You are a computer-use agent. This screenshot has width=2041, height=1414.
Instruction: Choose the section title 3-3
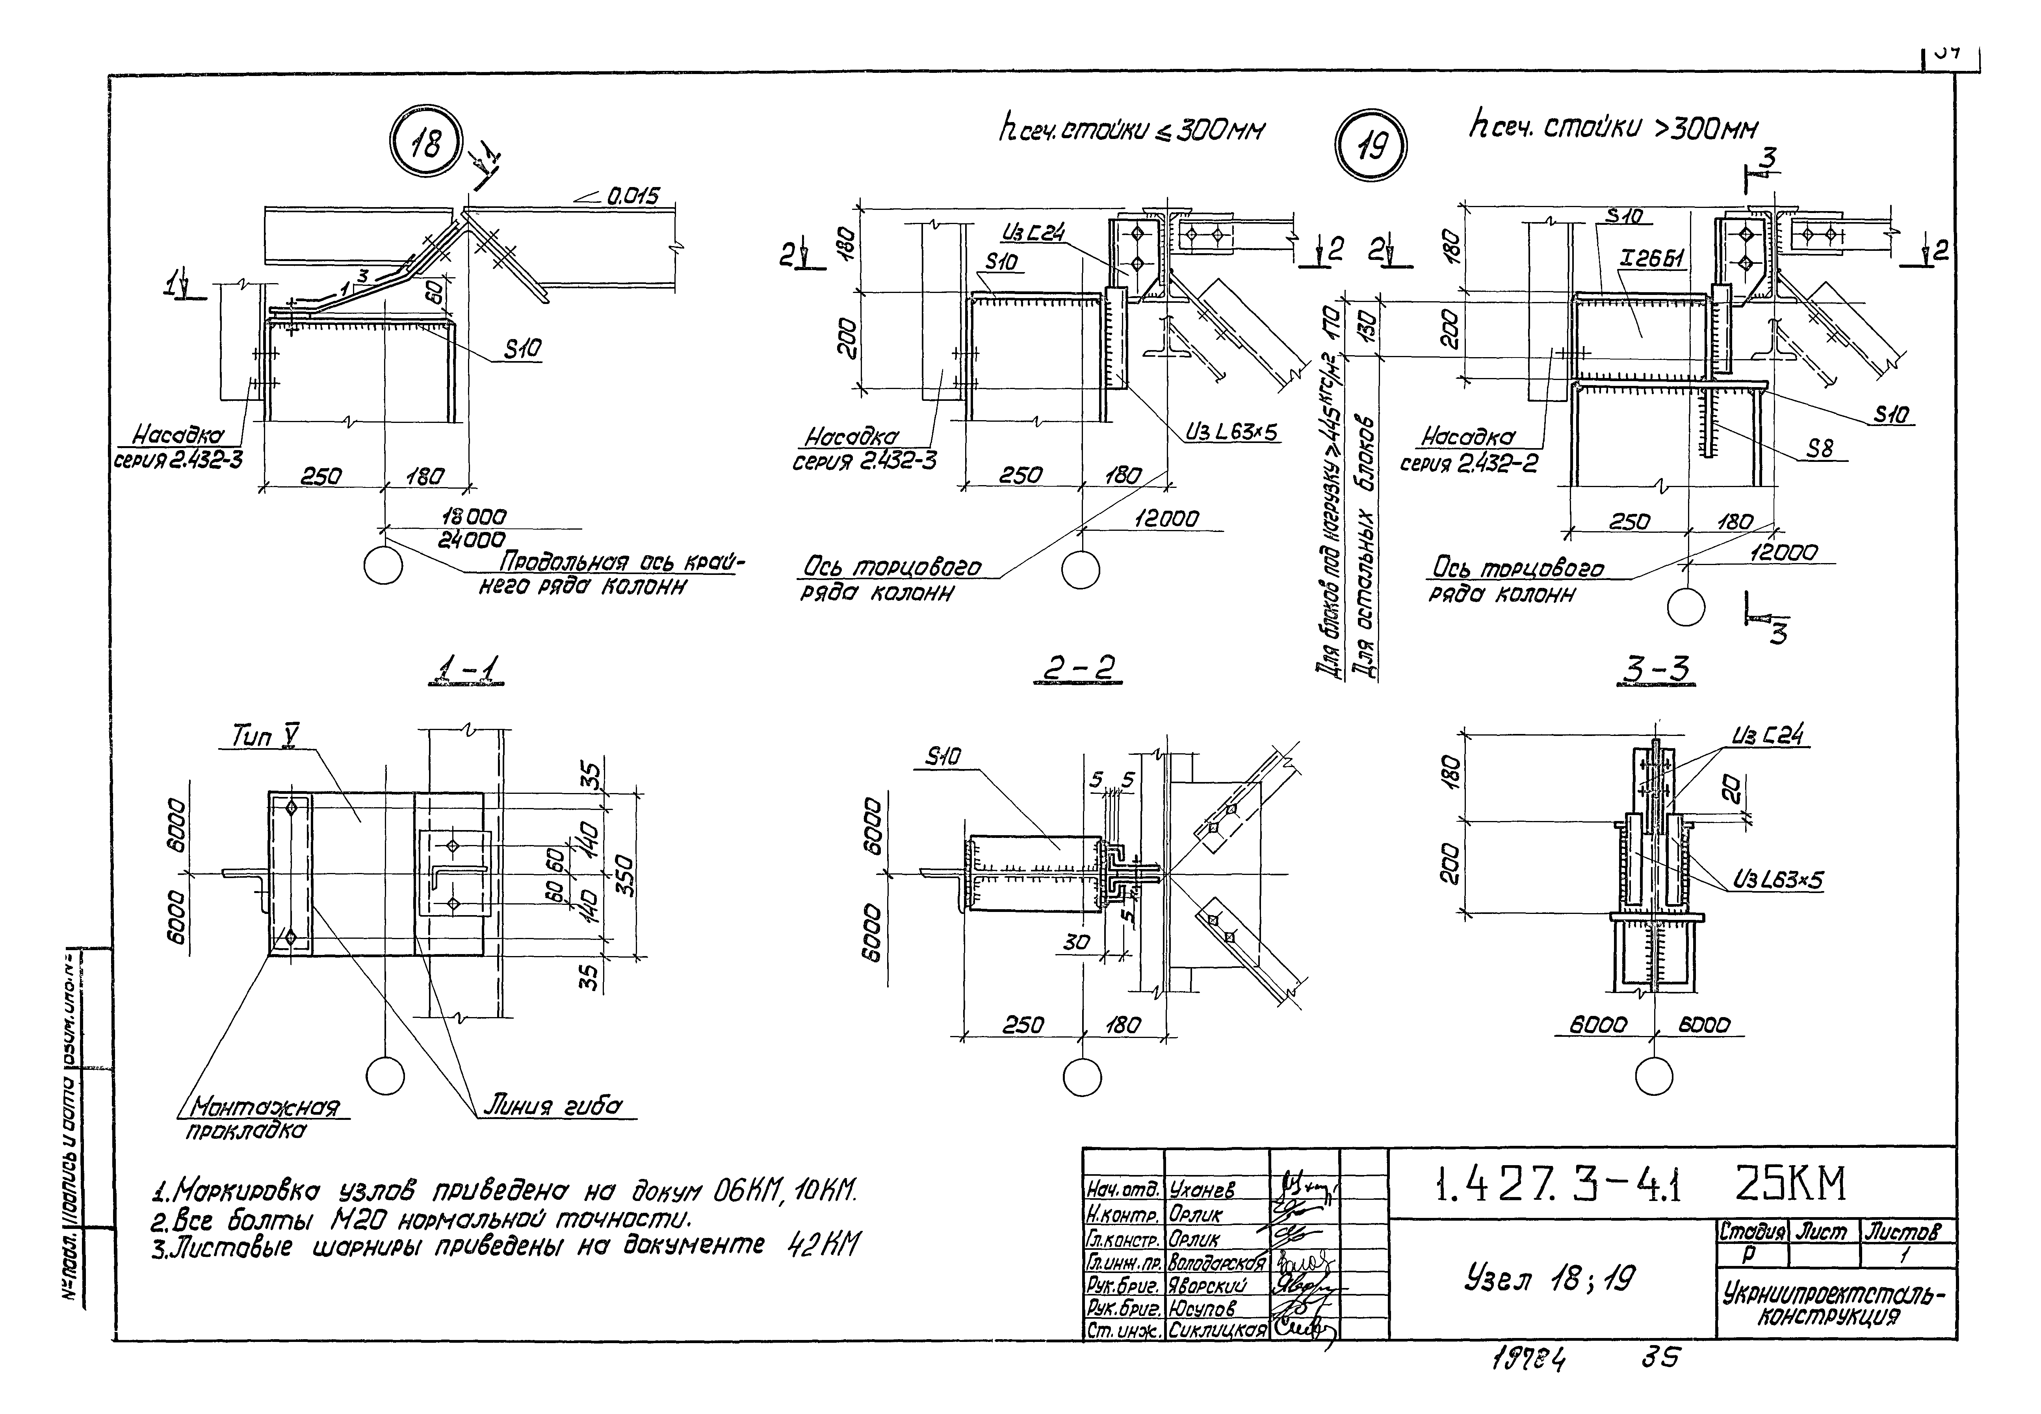(1654, 671)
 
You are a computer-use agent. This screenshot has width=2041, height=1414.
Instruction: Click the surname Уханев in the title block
(1202, 1190)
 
